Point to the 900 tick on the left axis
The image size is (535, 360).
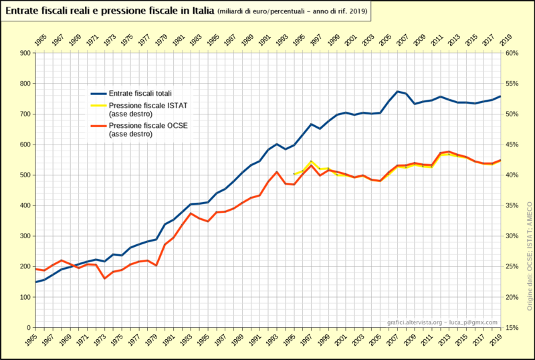click(x=25, y=53)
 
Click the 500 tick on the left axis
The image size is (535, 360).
click(x=25, y=175)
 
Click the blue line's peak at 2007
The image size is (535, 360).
click(x=397, y=92)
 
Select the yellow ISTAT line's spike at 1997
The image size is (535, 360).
click(x=312, y=161)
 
